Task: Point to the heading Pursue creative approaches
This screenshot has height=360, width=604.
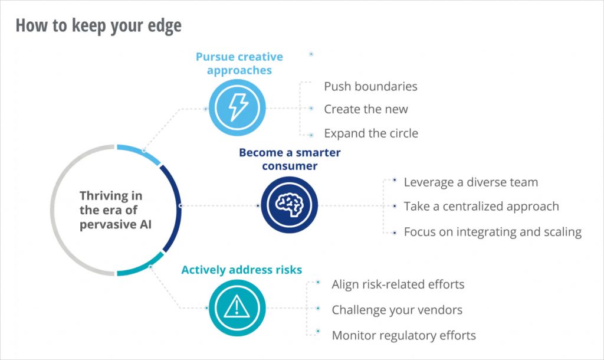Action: coord(239,63)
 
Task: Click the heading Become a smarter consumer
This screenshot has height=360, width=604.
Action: coord(290,159)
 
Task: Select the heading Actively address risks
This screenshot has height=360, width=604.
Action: coord(241,270)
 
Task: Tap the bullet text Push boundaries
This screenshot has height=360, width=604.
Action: coord(370,87)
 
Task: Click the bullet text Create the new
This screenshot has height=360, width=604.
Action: coord(366,109)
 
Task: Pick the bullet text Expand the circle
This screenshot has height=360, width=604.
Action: coord(371,133)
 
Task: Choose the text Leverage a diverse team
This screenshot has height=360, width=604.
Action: coord(471,182)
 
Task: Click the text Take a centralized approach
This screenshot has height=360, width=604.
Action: coord(481,207)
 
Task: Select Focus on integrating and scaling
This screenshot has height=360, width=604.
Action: coord(493,232)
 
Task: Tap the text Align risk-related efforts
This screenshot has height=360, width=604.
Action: coord(398,284)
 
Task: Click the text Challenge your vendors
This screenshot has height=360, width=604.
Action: coord(397,310)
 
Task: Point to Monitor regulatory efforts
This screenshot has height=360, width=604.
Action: coord(403,336)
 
